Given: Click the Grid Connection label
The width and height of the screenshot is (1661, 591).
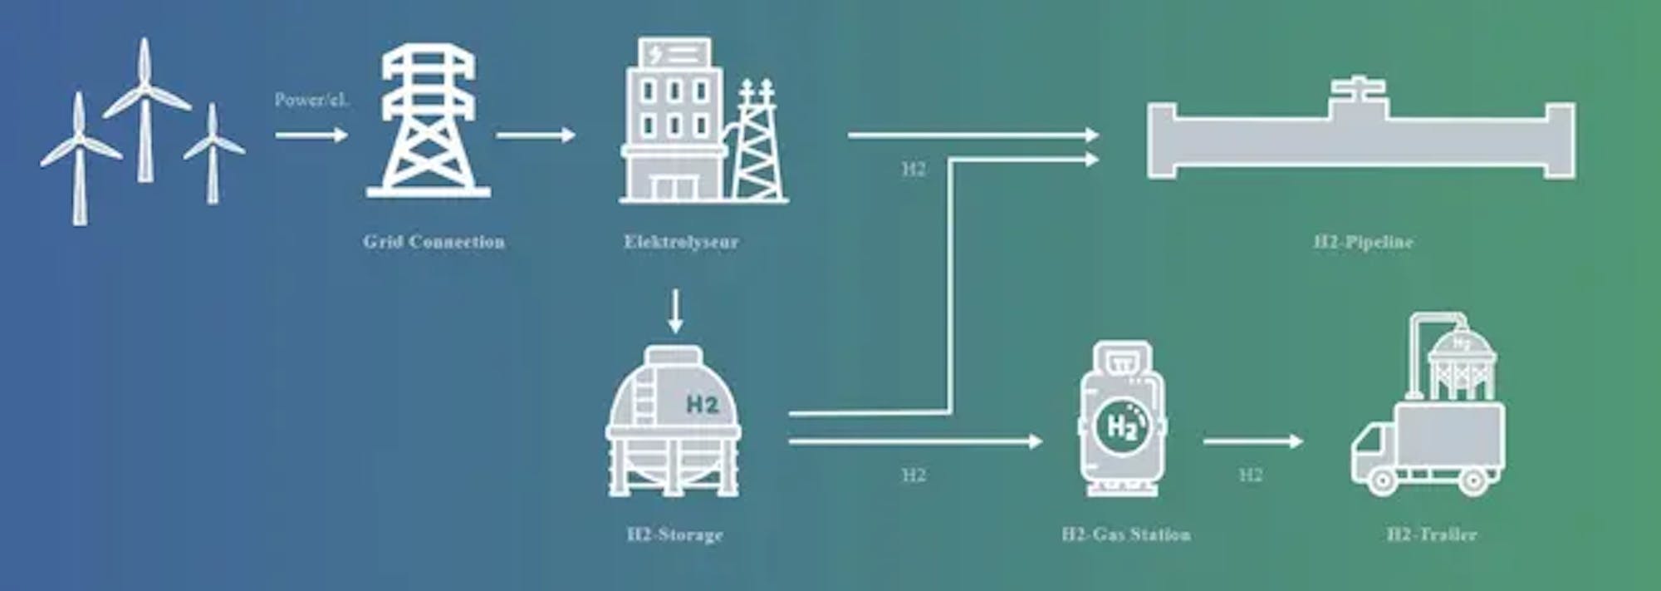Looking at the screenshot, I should tap(434, 242).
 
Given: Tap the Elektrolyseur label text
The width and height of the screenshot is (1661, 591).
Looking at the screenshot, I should tap(681, 242).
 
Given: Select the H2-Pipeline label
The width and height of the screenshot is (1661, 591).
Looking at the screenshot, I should tap(1363, 242).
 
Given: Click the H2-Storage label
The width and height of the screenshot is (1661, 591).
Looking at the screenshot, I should tap(674, 534).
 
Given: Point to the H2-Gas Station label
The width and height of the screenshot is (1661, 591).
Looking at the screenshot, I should tap(1126, 534).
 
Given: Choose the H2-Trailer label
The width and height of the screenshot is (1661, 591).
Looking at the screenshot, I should tap(1432, 534).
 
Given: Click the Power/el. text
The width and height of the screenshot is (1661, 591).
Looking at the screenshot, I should tap(311, 101).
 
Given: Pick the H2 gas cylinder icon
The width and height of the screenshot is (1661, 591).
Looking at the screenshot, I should tap(1122, 420).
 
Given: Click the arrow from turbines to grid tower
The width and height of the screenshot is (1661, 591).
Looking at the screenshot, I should tap(311, 135).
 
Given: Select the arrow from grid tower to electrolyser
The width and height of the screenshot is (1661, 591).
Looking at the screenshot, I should tap(536, 135).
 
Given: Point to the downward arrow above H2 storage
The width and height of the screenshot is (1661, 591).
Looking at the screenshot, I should tap(675, 311).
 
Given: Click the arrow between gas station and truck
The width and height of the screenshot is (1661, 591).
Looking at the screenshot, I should tap(1253, 441).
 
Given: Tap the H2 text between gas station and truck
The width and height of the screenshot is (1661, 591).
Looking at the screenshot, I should tap(1250, 475).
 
